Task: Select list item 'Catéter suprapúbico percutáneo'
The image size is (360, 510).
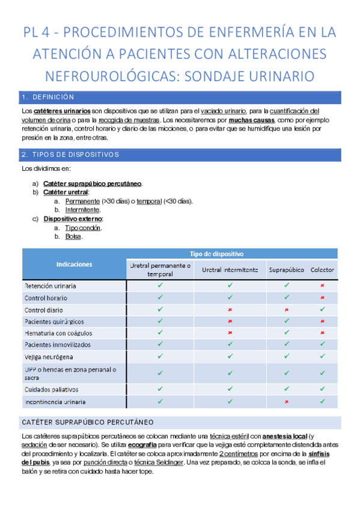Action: (93, 183)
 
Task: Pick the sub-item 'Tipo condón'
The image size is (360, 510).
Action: (83, 228)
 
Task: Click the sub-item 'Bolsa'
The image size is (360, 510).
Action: (73, 236)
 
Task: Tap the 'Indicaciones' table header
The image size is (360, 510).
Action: (74, 264)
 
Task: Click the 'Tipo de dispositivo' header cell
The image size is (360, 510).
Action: (216, 254)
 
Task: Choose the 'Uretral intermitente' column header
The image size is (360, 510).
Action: (230, 269)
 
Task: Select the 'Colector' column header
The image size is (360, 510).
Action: (322, 269)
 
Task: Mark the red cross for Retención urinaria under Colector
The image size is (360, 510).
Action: (323, 286)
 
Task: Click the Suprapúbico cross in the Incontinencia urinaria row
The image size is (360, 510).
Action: (286, 402)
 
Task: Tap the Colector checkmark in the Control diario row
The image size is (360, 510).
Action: (323, 309)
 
